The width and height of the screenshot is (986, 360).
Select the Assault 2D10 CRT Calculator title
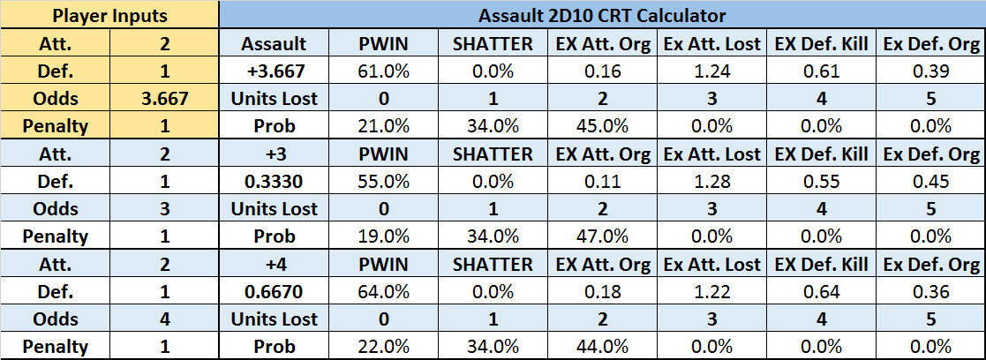602,15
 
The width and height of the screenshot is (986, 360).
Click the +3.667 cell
274,71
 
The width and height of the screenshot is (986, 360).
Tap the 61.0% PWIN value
383,71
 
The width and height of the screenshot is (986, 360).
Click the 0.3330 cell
274,182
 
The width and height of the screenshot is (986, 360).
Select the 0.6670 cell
274,291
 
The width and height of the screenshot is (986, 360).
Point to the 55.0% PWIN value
383,182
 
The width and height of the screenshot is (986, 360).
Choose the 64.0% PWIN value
383,291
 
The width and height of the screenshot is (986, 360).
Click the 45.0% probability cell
602,126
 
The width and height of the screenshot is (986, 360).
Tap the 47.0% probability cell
602,236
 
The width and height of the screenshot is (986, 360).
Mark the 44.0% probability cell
602,347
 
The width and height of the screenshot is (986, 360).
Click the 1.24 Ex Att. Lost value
711,71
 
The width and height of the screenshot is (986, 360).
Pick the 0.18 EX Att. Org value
602,291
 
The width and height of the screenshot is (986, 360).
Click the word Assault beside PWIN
274,43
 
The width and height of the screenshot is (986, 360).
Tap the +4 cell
274,264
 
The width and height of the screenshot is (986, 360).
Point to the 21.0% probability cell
383,126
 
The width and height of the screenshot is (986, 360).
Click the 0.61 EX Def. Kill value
822,71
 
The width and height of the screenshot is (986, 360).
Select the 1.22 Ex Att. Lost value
711,291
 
